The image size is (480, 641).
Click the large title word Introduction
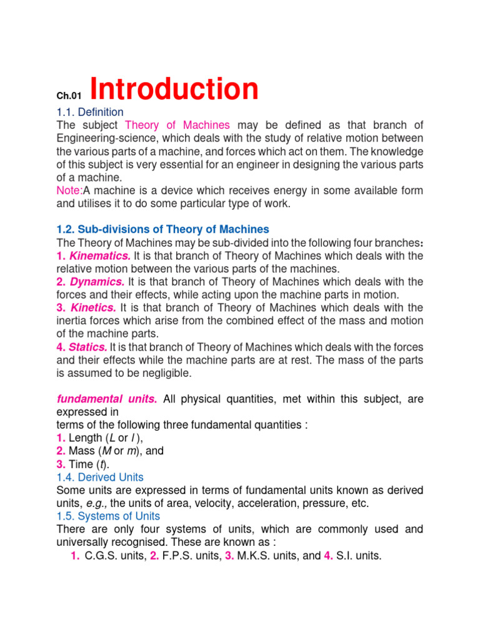[x=174, y=89]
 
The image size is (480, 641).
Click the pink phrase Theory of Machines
[x=178, y=125]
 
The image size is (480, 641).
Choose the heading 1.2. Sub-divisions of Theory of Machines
[x=162, y=229]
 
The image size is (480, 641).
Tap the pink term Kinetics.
[x=94, y=307]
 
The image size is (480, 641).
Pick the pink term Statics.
[x=89, y=347]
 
